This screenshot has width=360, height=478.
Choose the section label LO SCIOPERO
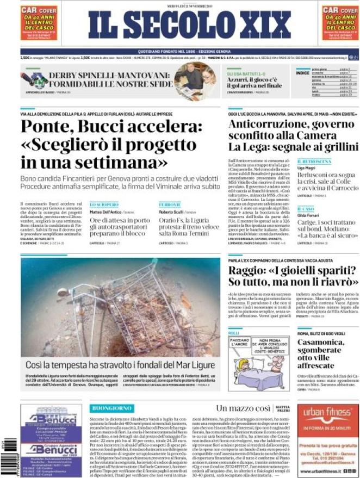(104, 204)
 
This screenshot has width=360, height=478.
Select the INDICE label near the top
(302, 72)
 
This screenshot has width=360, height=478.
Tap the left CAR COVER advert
(39, 23)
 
